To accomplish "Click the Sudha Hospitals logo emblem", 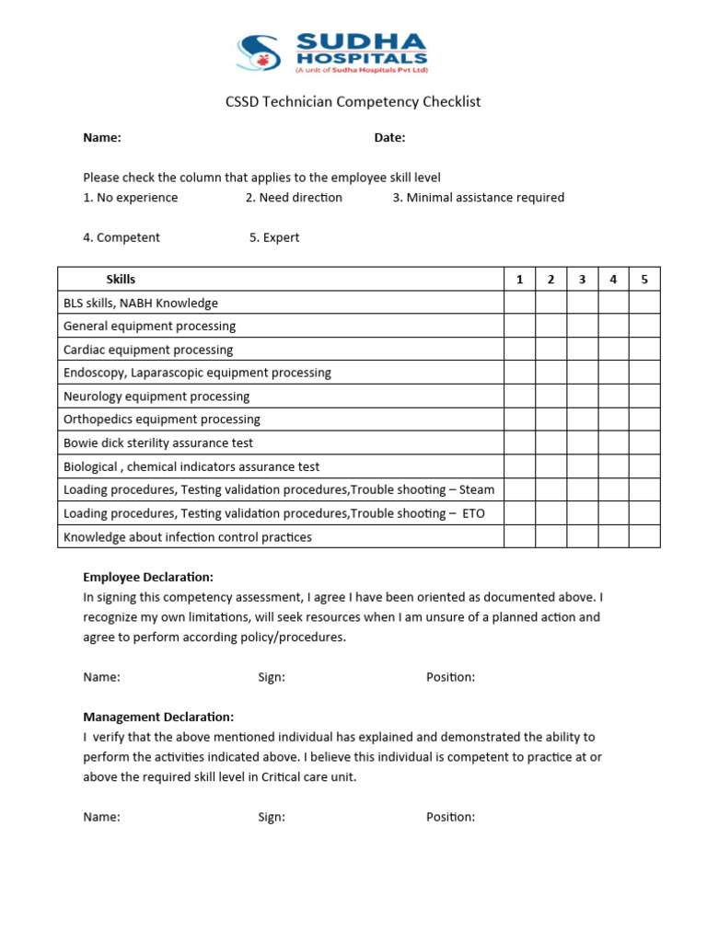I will [259, 52].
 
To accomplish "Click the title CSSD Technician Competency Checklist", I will [353, 101].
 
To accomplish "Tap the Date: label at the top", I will [389, 138].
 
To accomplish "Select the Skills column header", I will [121, 280].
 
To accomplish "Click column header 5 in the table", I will [644, 280].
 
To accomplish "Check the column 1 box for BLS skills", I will [519, 303].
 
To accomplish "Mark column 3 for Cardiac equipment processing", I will [582, 350].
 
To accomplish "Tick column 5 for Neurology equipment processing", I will [644, 396].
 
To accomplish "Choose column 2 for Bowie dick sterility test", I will [551, 443].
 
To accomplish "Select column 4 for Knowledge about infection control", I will [613, 536].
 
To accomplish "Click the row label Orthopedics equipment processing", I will [162, 419].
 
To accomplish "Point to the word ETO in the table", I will [473, 513].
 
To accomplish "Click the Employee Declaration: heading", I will [148, 577].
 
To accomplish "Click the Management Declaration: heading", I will [158, 717].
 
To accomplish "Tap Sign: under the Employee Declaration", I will [272, 677].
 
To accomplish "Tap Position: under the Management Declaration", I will [450, 817].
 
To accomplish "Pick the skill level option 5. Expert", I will [274, 237].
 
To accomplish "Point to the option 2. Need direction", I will [294, 198].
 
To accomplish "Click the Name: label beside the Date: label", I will [102, 138].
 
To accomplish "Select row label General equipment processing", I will [149, 326].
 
